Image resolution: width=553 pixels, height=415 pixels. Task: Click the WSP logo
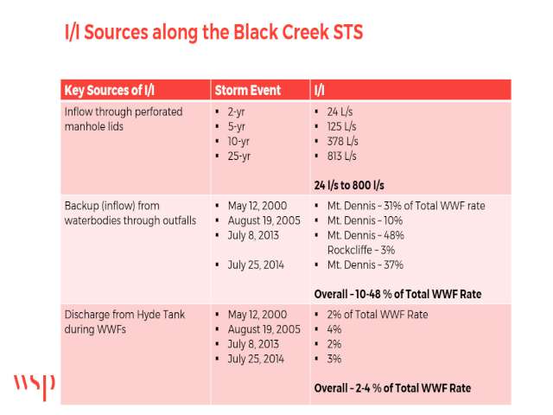tap(35, 386)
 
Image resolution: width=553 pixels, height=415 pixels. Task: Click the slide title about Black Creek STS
tap(213, 32)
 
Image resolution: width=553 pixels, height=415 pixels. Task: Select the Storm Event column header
tap(248, 90)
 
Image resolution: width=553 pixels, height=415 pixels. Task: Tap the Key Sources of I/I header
tap(110, 90)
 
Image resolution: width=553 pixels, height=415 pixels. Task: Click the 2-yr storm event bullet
tap(236, 112)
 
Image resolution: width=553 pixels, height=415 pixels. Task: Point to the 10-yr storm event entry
tap(238, 142)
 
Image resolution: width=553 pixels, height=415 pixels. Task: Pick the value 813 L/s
tap(342, 156)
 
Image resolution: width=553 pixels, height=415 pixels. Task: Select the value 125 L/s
tap(342, 126)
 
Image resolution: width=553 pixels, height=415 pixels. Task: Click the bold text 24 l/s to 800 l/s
tap(349, 185)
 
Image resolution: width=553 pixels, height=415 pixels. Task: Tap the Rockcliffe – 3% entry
tap(361, 250)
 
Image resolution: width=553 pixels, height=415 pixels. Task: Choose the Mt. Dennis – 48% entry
tap(365, 235)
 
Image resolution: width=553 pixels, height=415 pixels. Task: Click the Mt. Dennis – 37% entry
tap(365, 265)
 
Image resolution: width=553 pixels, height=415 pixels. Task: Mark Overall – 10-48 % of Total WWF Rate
tap(397, 294)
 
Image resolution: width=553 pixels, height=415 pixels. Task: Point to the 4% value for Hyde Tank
tap(334, 329)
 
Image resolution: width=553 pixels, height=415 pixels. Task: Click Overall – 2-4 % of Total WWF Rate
tap(392, 388)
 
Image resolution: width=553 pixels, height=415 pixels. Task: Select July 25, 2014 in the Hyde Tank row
tap(256, 360)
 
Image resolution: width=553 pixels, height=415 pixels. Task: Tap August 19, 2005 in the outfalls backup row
tap(264, 220)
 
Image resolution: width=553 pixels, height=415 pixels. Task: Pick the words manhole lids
tap(94, 126)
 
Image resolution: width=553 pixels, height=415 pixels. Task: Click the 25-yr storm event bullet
tap(239, 156)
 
